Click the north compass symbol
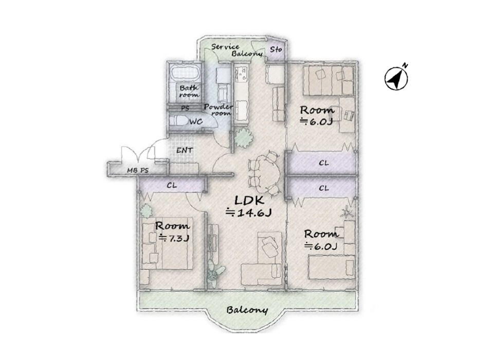tap(396, 79)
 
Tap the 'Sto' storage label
tap(276, 49)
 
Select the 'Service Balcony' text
tap(237, 50)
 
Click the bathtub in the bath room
tap(186, 74)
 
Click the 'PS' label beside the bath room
tap(186, 109)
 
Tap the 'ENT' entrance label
tap(185, 150)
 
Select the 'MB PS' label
tap(137, 171)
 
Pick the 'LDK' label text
tap(249, 200)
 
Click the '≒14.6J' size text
tap(248, 213)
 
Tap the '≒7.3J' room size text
tap(174, 238)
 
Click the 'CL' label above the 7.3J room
tap(172, 185)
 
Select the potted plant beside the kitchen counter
tap(243, 138)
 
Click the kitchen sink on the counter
tap(242, 74)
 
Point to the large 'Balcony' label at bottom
tap(247, 310)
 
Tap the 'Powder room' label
tap(219, 110)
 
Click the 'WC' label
tap(196, 121)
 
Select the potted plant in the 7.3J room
tap(146, 211)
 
